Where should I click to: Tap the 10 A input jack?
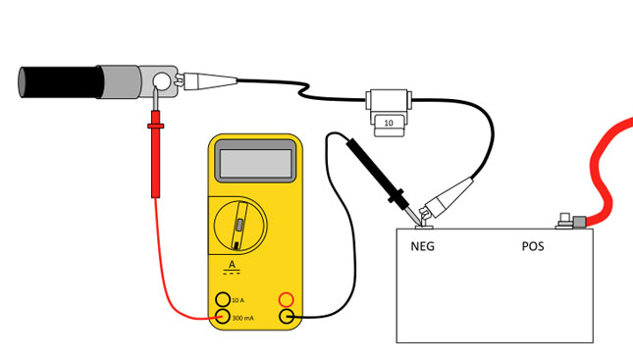223,298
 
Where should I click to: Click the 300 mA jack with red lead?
223,316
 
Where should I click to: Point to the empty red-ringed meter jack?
287,298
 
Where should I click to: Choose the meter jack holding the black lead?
287,316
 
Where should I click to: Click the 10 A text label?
238,298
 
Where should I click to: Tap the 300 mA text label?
242,316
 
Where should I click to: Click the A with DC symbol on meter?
233,268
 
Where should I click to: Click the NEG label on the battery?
422,246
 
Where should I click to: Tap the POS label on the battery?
533,246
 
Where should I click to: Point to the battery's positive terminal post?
564,222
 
